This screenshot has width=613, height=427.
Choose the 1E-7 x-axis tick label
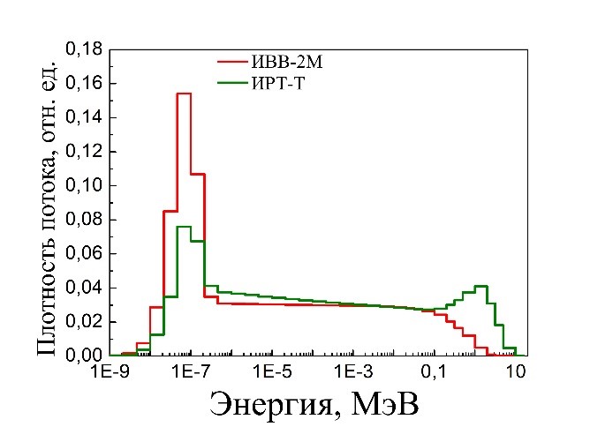(190, 374)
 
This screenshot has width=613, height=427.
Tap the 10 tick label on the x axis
(516, 374)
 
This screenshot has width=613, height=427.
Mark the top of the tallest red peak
(184, 94)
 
